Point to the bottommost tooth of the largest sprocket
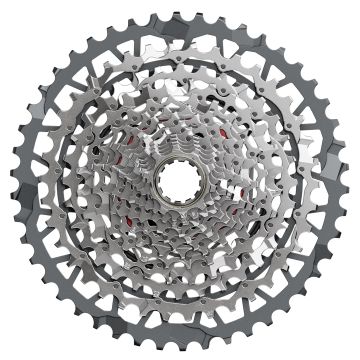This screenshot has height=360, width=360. pyautogui.click(x=181, y=352)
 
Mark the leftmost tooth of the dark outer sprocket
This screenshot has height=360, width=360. pyautogui.click(x=7, y=180)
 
